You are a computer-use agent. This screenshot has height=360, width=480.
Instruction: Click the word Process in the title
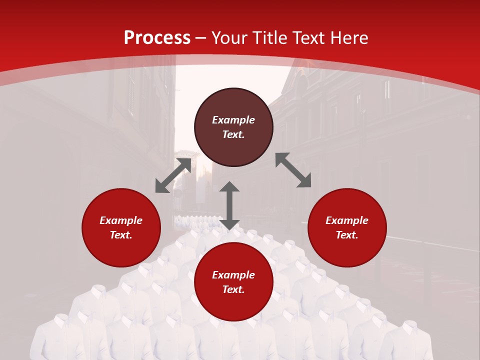pyautogui.click(x=157, y=38)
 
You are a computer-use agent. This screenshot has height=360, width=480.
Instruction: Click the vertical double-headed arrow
pyautogui.click(x=229, y=205)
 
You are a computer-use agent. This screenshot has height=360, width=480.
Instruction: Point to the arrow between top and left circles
pyautogui.click(x=173, y=175)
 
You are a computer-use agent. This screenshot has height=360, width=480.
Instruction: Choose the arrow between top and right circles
pyautogui.click(x=293, y=170)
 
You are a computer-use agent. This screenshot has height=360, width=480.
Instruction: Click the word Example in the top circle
pyautogui.click(x=233, y=120)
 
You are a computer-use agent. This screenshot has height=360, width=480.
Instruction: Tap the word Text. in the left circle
pyautogui.click(x=121, y=235)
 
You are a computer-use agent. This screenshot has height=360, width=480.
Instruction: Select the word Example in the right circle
pyautogui.click(x=347, y=220)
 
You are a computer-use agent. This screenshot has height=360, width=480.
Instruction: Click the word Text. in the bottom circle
pyautogui.click(x=233, y=289)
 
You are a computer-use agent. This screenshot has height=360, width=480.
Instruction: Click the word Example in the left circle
pyautogui.click(x=121, y=220)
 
